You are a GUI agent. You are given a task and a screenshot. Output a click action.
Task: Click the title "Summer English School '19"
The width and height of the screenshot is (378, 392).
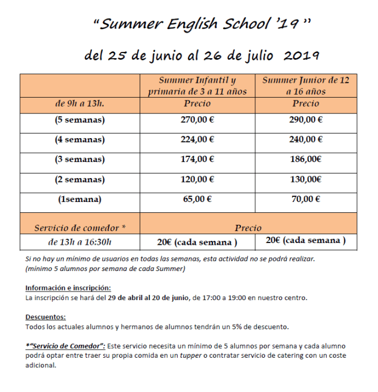[202, 24]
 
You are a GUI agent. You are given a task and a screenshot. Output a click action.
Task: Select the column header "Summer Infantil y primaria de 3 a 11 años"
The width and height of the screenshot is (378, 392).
[197, 86]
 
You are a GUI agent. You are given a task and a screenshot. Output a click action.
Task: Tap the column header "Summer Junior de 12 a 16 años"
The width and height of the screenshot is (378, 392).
[305, 86]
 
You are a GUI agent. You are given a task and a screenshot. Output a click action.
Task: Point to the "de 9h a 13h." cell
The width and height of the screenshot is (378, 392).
[80, 104]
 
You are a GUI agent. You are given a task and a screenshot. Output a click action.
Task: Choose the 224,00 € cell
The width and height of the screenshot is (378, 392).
[197, 140]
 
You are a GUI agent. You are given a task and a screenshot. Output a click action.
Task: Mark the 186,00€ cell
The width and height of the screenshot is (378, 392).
[305, 160]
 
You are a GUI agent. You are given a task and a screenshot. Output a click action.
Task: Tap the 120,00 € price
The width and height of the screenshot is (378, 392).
[197, 179]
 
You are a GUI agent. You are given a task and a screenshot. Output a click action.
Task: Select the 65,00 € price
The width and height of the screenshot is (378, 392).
[197, 199]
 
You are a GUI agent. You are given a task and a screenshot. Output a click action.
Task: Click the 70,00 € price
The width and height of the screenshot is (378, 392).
[305, 199]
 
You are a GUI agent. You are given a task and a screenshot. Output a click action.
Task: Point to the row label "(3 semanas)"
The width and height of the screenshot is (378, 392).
[80, 160]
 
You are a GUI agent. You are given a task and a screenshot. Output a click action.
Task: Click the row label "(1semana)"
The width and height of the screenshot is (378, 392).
[80, 199]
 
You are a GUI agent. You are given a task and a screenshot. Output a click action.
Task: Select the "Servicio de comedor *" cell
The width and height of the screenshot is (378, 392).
[80, 227]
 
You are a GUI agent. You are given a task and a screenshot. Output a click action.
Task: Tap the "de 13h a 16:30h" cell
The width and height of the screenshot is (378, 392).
[80, 241]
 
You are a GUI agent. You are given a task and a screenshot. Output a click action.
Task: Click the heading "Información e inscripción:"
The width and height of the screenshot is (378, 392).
[68, 288]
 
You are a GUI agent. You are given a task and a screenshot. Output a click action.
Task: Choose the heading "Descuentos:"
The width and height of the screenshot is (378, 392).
[46, 317]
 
